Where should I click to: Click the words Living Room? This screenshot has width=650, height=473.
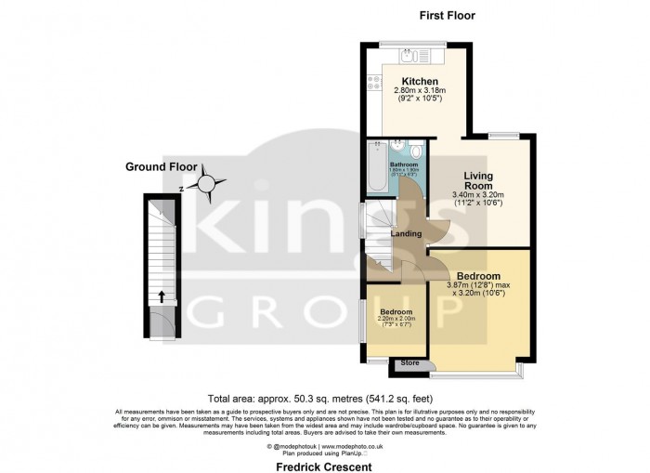click(x=479, y=180)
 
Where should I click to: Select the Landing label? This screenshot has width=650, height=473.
click(x=407, y=233)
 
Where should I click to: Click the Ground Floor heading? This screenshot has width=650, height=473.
click(x=162, y=166)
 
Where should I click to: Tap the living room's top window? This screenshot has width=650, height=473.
click(x=503, y=136)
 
